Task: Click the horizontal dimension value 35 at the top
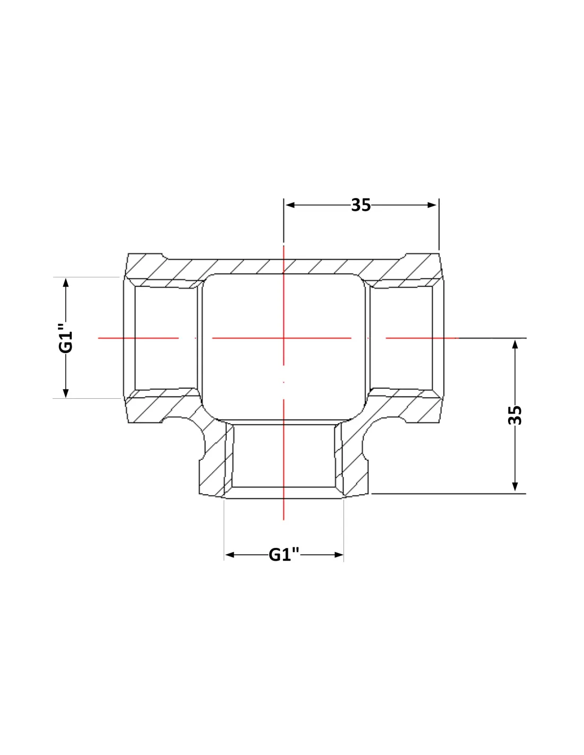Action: tap(361, 205)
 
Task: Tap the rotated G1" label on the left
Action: tap(66, 338)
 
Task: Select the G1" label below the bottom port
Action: tap(284, 554)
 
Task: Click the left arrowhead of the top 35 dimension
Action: tap(290, 205)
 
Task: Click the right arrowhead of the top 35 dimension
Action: tap(432, 205)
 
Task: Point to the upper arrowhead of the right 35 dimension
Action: tap(515, 344)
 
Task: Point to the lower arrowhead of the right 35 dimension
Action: tap(515, 487)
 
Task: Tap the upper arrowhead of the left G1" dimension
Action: tap(66, 282)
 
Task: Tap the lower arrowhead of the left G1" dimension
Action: tap(66, 393)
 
